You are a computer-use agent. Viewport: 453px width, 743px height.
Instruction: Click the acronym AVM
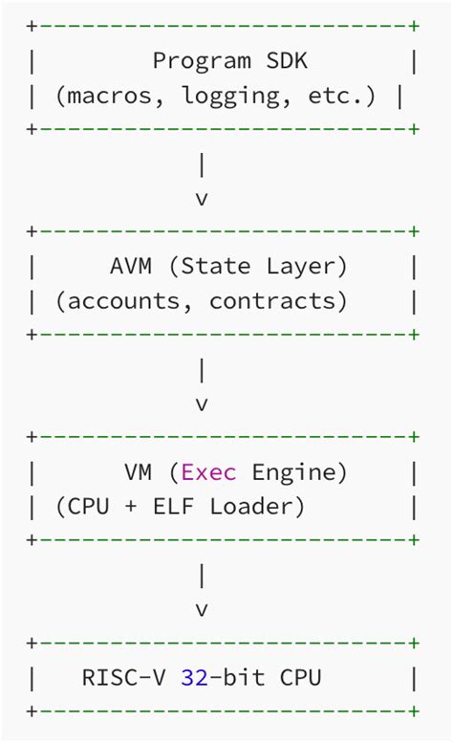[x=131, y=267]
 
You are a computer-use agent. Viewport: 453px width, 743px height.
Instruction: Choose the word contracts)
[x=278, y=301]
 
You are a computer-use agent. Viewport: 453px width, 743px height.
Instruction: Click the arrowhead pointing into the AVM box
[x=202, y=199]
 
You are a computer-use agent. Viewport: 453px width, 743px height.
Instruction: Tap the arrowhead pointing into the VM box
[x=202, y=404]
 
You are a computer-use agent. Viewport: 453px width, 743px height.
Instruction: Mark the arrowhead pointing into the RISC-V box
[x=202, y=609]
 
